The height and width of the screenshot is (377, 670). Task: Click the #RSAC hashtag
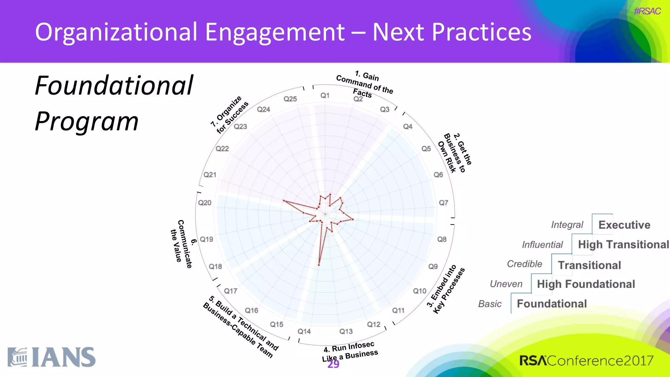pyautogui.click(x=647, y=11)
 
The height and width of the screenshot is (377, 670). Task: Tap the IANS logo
pyautogui.click(x=52, y=357)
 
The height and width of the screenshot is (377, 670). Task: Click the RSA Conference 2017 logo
pyautogui.click(x=586, y=361)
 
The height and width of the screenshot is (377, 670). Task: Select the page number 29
pyautogui.click(x=333, y=365)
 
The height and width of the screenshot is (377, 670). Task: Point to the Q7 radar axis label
pyautogui.click(x=443, y=203)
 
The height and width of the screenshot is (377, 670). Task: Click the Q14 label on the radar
pyautogui.click(x=304, y=332)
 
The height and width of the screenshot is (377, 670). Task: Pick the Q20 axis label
pyautogui.click(x=205, y=203)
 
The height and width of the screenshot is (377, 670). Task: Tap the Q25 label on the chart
pyautogui.click(x=290, y=99)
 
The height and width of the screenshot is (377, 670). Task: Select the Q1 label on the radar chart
pyautogui.click(x=325, y=96)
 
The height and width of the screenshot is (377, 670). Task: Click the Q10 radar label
pyautogui.click(x=419, y=291)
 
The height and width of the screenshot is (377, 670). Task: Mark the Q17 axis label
pyautogui.click(x=231, y=291)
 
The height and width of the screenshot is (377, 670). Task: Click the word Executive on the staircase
pyautogui.click(x=624, y=225)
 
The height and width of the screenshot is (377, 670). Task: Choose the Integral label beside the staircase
pyautogui.click(x=567, y=225)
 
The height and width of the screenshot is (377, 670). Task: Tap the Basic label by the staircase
pyautogui.click(x=490, y=304)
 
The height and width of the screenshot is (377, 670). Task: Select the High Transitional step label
pyautogui.click(x=623, y=244)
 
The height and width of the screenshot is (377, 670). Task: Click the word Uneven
pyautogui.click(x=506, y=284)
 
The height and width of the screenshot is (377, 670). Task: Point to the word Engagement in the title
pyautogui.click(x=275, y=32)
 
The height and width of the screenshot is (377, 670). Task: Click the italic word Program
pyautogui.click(x=87, y=121)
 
